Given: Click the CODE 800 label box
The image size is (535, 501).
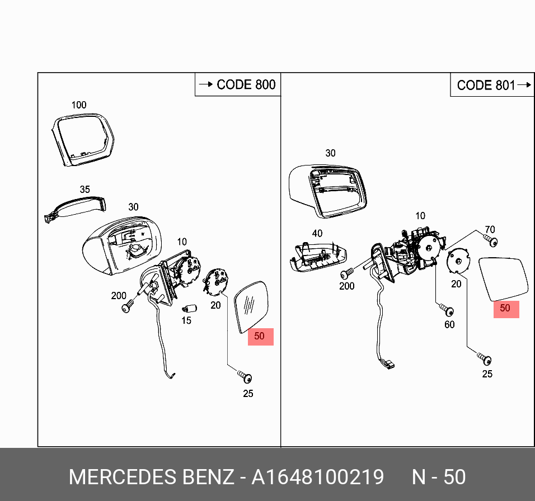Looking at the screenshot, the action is coord(238,84).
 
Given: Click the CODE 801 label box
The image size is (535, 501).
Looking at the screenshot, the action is coord(491,85).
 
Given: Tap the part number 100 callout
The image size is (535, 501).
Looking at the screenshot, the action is coord(79,105).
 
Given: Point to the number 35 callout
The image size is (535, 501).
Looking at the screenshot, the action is coord(85,190).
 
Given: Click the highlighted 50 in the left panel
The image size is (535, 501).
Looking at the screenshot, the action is coord(260,337).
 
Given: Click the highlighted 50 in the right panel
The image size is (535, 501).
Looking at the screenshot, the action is coord(505,308).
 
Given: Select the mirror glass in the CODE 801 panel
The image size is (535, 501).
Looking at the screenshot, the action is coord(503,278).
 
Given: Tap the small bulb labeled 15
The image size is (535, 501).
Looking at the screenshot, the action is coord(189,308).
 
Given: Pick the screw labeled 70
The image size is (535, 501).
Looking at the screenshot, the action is coord(492,242).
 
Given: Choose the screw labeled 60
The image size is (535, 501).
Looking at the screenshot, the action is coord(447,310).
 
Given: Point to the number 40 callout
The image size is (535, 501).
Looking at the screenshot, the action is coord(317,233).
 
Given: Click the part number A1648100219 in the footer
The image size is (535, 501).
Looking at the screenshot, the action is coord(318,477).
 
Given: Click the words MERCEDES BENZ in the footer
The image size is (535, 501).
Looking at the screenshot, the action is coord(151,477).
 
